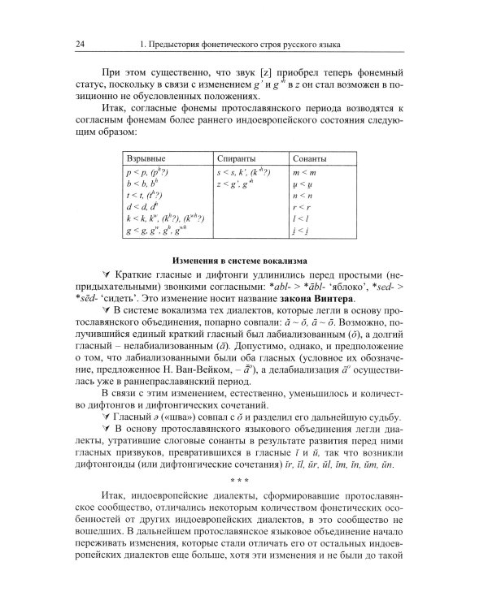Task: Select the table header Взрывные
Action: point(146,159)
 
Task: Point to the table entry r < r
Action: point(302,208)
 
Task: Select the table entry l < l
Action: point(301,219)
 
